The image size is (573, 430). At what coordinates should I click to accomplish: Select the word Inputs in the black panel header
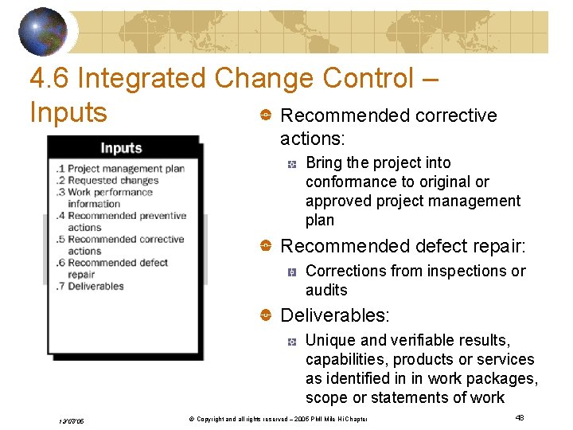[x=121, y=148]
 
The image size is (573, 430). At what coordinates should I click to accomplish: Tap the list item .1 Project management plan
[x=120, y=168]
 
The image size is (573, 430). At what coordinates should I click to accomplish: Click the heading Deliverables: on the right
[x=335, y=316]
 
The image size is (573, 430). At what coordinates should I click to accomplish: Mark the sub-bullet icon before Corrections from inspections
[x=292, y=272]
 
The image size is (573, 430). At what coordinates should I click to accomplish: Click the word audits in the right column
[x=326, y=290]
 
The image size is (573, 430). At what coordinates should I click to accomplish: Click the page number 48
[x=520, y=416]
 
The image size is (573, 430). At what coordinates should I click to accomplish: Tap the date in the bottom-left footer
[x=70, y=420]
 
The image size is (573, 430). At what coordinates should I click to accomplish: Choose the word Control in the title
[x=368, y=79]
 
